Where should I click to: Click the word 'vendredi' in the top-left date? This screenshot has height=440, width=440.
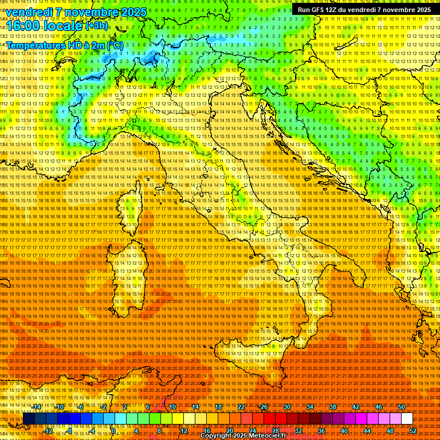(x=30, y=12)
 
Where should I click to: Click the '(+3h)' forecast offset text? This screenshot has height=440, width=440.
(x=96, y=26)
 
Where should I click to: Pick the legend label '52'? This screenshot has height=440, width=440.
(x=413, y=431)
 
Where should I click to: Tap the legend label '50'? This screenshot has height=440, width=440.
(x=402, y=407)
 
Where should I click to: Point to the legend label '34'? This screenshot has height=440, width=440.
(x=310, y=407)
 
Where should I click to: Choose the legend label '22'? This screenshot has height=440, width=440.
(x=241, y=407)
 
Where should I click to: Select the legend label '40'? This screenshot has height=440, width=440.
(x=344, y=431)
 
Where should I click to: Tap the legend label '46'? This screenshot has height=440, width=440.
(x=379, y=407)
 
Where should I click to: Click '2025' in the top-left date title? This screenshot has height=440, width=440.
(x=133, y=12)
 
